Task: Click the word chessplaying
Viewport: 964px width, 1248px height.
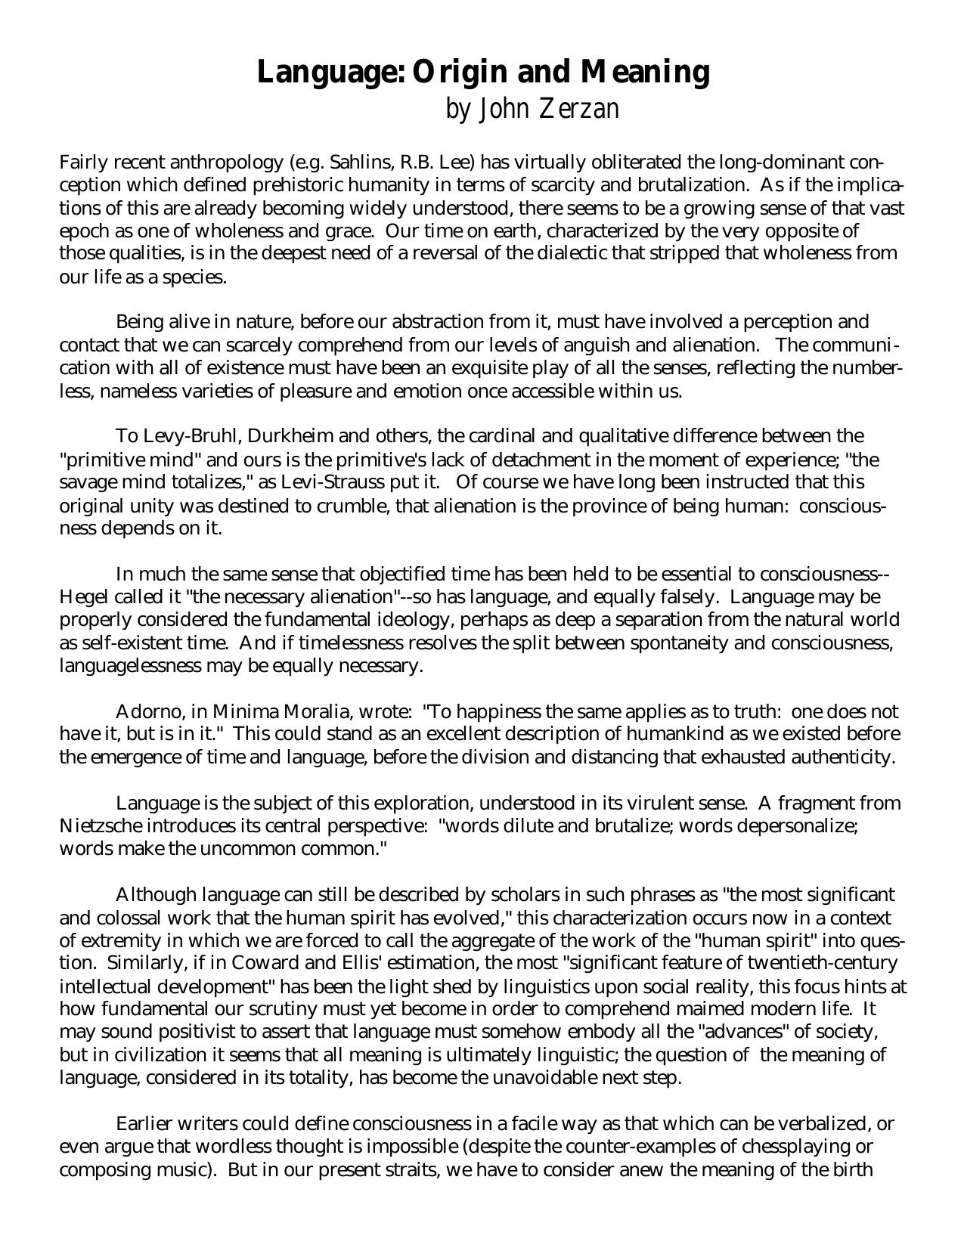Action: point(802,1147)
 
